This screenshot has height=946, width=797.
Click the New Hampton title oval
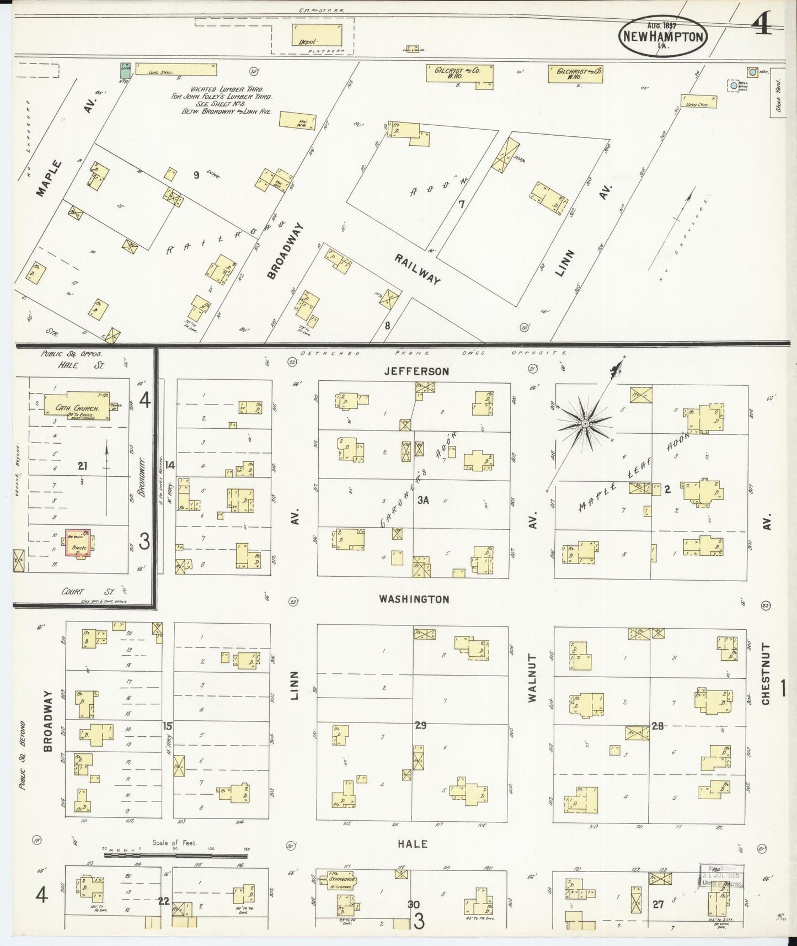point(663,37)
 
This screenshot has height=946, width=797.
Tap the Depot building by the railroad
point(316,35)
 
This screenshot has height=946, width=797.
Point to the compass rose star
point(585,423)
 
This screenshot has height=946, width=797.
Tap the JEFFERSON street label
point(416,371)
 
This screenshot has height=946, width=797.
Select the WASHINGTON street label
point(414,599)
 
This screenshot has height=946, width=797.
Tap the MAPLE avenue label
point(50,178)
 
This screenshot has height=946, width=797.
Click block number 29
point(420,725)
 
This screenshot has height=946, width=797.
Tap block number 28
point(657,725)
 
